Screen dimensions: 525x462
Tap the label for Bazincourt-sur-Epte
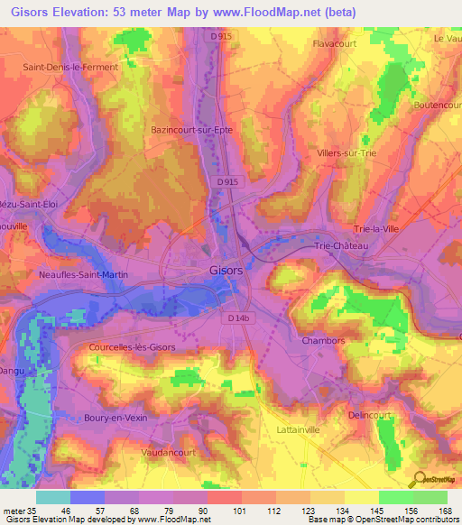point(192,130)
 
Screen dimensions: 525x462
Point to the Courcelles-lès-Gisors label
point(132,346)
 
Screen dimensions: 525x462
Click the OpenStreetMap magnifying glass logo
point(419,480)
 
